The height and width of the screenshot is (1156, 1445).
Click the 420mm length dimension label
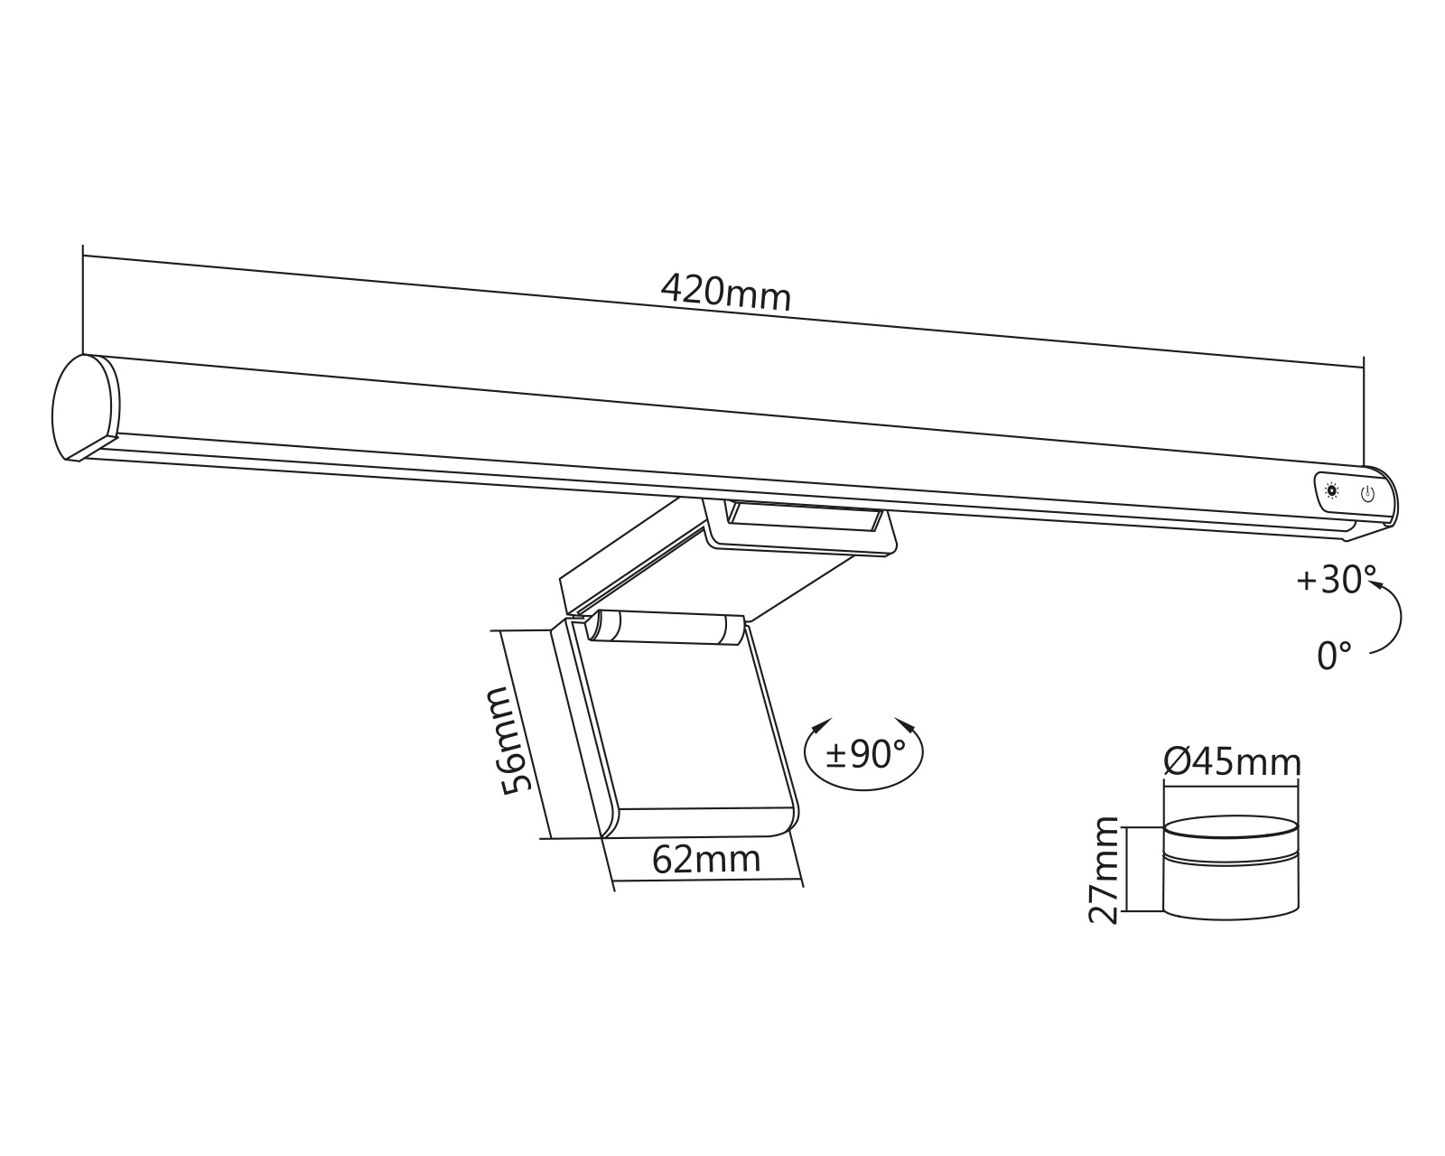[x=725, y=292]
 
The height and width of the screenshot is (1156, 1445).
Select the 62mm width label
[x=706, y=860]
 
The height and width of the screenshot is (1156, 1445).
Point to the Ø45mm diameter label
[x=1233, y=763]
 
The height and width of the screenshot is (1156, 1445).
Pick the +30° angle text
[x=1335, y=580]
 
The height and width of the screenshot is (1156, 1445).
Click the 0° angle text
[x=1334, y=656]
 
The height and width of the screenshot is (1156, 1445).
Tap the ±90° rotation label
[x=864, y=755]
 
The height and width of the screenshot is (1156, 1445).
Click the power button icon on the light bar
[x=1367, y=493]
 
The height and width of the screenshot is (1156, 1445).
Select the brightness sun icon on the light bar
[x=1332, y=490]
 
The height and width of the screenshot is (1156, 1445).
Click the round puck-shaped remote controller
[x=1231, y=869]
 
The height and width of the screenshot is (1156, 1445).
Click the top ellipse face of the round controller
[x=1231, y=828]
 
